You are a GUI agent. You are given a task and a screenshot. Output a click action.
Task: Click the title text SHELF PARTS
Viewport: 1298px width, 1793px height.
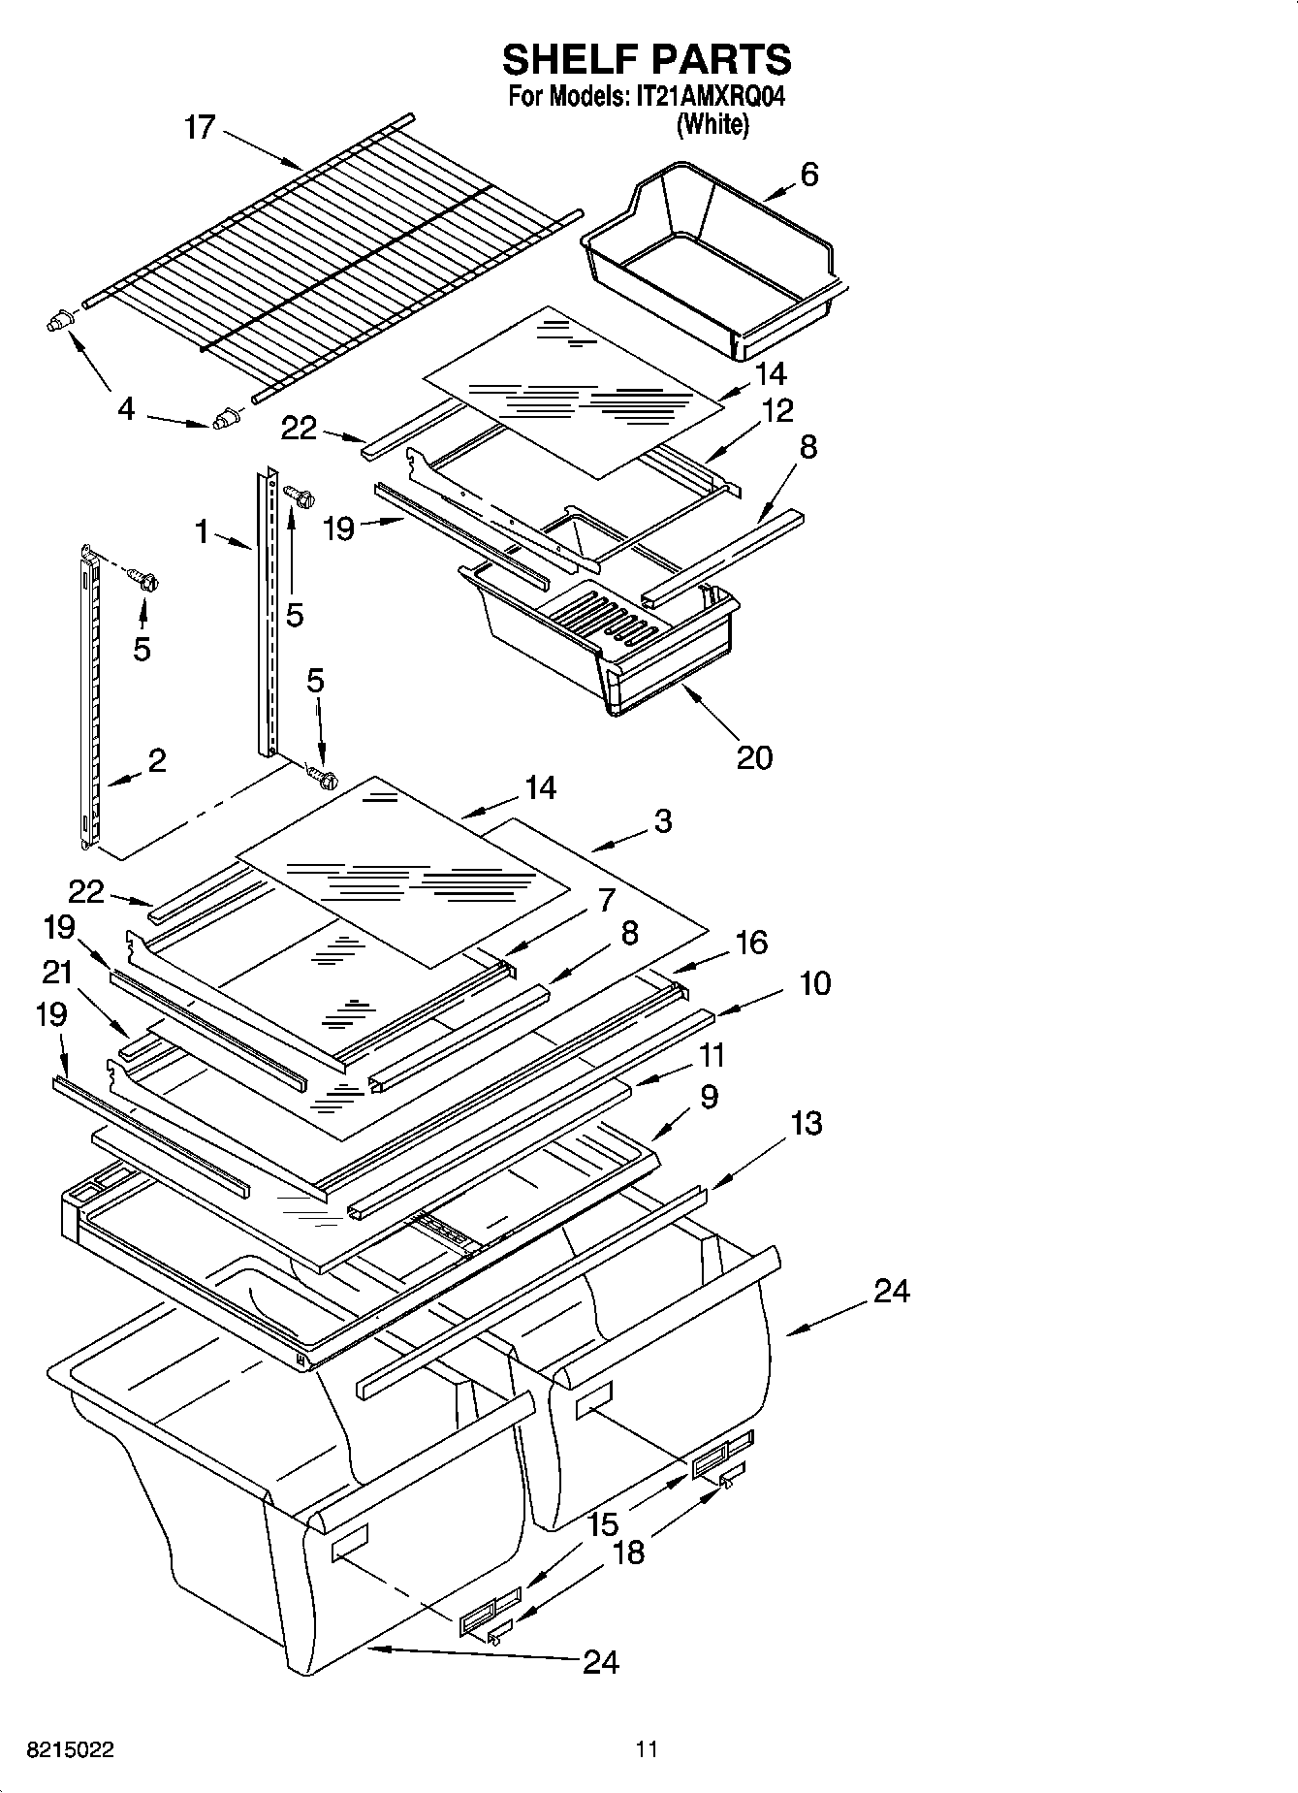(x=647, y=60)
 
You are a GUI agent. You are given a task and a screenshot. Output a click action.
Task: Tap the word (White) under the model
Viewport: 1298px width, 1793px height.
(x=712, y=124)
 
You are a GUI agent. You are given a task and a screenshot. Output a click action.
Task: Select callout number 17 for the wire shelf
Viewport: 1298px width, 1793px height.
(x=199, y=127)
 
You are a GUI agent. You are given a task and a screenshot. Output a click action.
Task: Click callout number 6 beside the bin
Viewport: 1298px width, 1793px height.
(x=808, y=175)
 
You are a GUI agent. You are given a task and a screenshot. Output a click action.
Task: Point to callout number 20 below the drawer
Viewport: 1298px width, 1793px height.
(x=754, y=756)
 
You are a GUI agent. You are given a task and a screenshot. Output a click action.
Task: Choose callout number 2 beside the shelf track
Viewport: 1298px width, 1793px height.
(x=156, y=759)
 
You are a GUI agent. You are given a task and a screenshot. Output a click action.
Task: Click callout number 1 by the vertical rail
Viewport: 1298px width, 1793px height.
(x=201, y=530)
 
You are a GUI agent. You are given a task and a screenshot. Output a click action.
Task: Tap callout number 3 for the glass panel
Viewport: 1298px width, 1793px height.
(x=662, y=821)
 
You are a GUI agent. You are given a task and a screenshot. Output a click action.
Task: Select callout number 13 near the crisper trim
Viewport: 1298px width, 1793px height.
(x=806, y=1123)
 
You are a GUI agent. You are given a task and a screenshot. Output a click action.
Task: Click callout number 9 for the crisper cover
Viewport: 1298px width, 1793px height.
(x=709, y=1097)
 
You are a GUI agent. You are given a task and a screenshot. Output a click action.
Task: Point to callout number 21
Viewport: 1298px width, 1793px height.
(x=57, y=971)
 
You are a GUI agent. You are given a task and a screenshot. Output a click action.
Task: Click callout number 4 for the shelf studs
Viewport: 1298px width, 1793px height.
(x=125, y=409)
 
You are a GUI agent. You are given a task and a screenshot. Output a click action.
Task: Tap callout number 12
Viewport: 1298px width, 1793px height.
(x=776, y=410)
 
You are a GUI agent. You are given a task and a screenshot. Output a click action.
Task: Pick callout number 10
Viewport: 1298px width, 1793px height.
(x=814, y=983)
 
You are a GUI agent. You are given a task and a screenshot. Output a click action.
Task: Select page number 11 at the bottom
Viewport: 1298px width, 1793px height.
(x=647, y=1749)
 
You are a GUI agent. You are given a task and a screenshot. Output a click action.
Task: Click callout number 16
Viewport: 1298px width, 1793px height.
(x=751, y=942)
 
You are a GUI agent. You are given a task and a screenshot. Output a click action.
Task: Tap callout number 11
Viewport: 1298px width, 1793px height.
(x=712, y=1054)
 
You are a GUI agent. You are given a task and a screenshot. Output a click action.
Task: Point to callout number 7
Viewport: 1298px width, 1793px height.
(x=607, y=899)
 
